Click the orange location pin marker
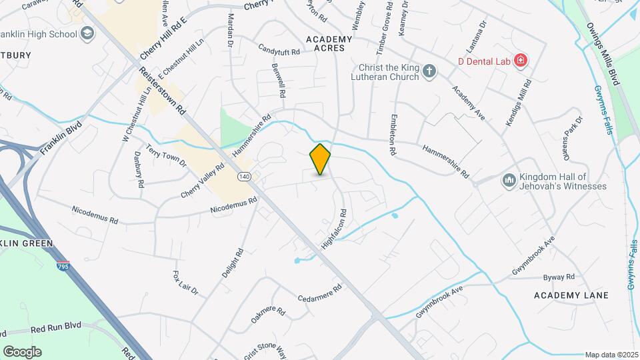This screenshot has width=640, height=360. coord(321,159)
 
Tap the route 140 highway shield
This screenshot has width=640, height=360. coord(243,177)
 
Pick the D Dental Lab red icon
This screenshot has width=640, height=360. coord(521,61)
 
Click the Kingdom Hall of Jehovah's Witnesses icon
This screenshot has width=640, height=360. coord(509,181)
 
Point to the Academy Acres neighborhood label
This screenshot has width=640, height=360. coord(329,43)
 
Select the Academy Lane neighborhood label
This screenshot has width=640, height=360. coord(571,295)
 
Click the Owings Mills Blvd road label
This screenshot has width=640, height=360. coord(604,53)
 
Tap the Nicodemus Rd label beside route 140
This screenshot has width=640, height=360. coord(233,205)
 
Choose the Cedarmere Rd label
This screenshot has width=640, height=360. coord(319,293)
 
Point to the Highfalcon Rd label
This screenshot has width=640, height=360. coord(334,230)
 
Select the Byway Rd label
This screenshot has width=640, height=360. coord(559,277)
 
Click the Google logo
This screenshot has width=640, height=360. coord(22,351)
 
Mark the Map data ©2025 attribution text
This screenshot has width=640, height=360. coord(611,355)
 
